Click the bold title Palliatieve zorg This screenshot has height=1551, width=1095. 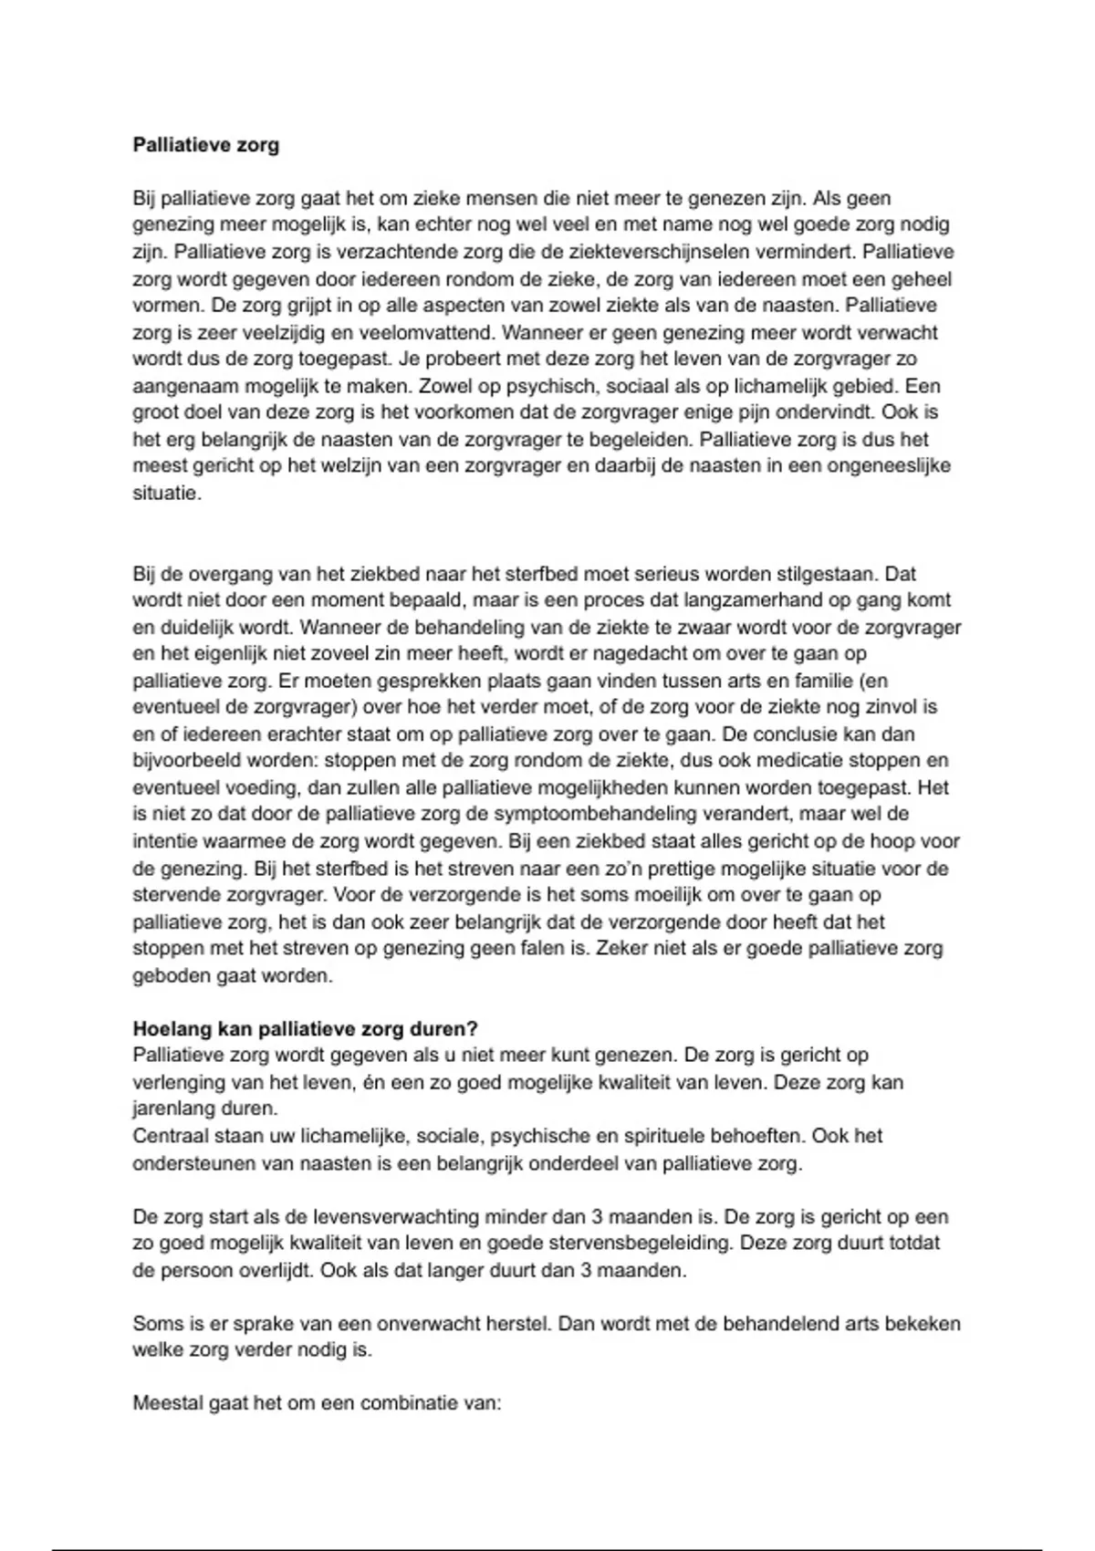coord(206,145)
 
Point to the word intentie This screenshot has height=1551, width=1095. coord(161,841)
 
